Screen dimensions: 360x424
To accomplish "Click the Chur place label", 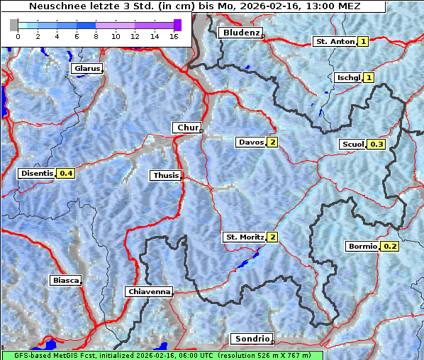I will coord(187,128).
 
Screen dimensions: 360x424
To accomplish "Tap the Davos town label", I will coord(250,142).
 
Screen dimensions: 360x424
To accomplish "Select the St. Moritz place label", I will coord(244,237).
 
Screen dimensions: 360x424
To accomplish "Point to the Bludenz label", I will coord(240,33).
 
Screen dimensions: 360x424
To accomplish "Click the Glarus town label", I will coord(86,69).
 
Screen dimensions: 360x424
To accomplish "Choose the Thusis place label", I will coord(165,175).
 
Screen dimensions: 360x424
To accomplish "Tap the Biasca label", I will coord(65,280).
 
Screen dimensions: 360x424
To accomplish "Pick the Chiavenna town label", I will coord(148,291).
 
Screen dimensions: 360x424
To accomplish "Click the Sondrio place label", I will coord(251,339).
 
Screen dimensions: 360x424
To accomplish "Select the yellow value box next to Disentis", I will coord(66,173).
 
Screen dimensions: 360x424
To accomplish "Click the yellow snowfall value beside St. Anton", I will coord(363,42).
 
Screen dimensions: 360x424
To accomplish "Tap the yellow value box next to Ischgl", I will coord(369,77).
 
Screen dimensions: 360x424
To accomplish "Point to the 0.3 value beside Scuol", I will coord(376,145).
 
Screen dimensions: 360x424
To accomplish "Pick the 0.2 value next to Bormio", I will coord(390,247).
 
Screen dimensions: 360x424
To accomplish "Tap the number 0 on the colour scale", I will coord(17,36).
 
